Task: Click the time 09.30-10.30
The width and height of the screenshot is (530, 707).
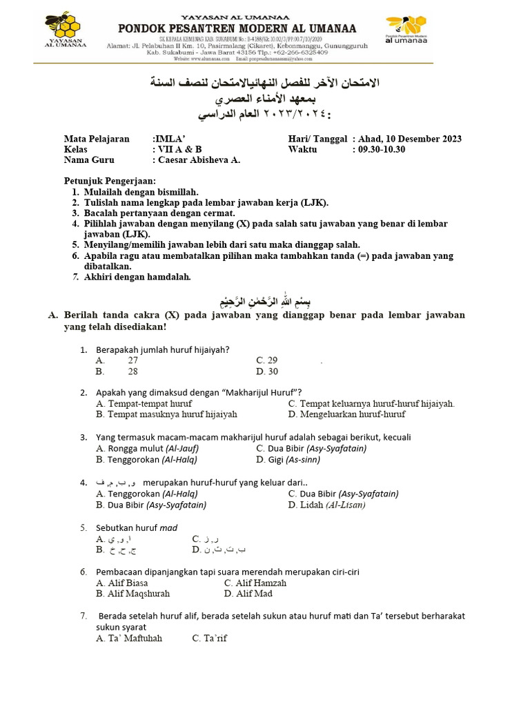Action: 379,149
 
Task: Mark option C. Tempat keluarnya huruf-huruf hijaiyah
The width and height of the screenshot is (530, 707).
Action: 371,403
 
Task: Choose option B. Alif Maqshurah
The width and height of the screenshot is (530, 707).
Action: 133,593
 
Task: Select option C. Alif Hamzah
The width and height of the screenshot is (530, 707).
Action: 255,583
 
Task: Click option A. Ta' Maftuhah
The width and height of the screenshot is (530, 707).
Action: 130,638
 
